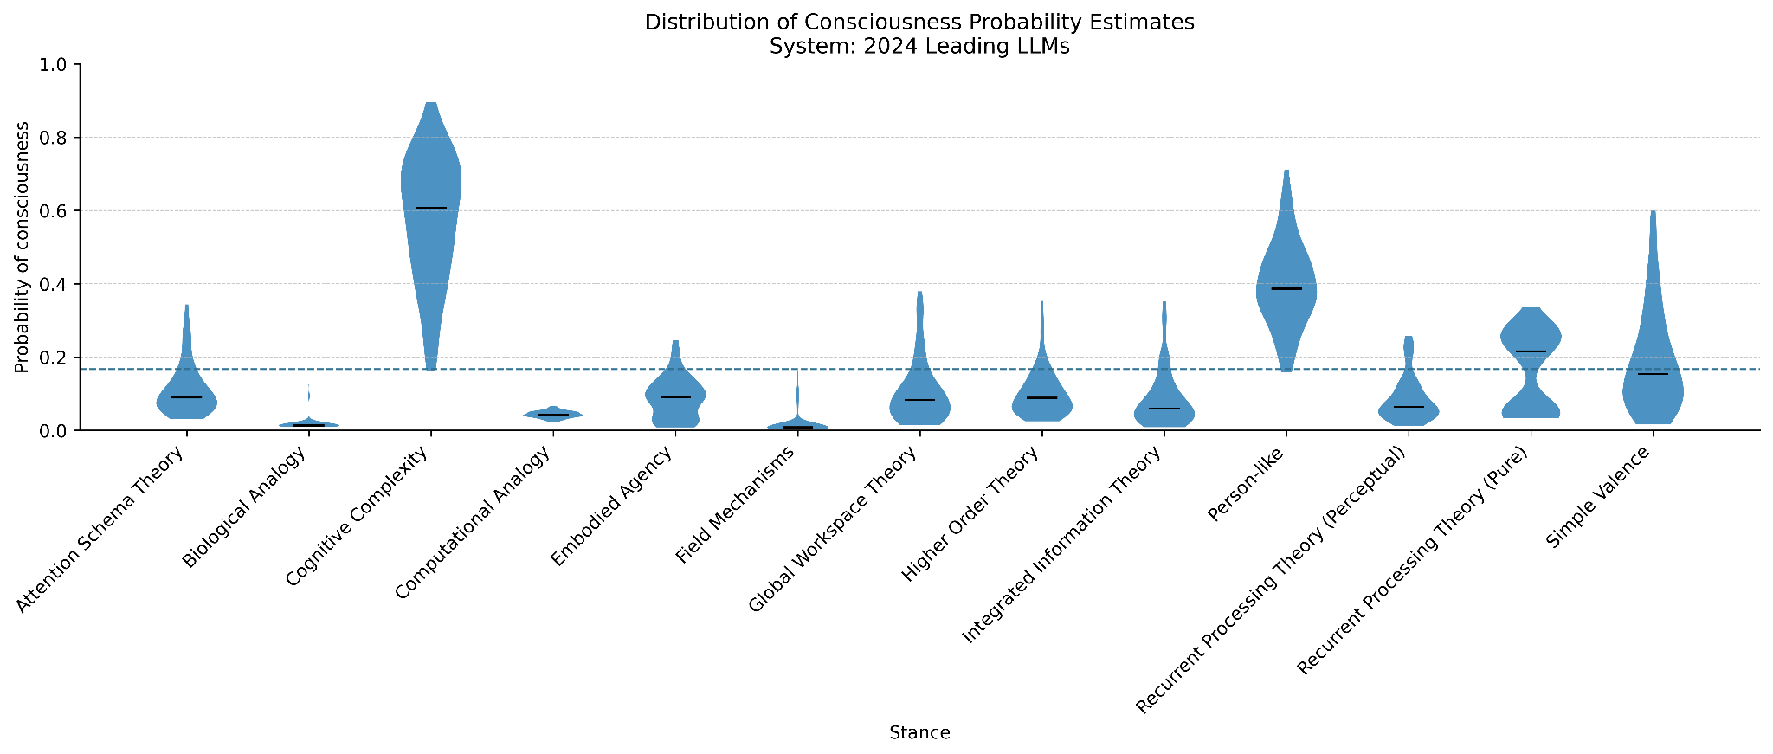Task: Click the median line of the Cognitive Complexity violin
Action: (431, 209)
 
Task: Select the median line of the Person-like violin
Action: (1286, 288)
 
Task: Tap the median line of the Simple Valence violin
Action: (1653, 374)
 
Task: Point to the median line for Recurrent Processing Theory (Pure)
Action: (1531, 351)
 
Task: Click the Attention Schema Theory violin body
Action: (187, 399)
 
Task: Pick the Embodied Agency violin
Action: (675, 395)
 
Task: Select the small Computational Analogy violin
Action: (553, 414)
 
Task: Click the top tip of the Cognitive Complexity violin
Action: (431, 104)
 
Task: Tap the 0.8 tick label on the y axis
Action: (58, 138)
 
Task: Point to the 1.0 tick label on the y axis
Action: (58, 65)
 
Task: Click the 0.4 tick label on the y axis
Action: (58, 284)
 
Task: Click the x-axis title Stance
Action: (919, 733)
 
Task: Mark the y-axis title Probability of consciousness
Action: (23, 248)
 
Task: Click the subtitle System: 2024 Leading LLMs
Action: (919, 47)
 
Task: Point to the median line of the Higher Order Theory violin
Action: (1041, 397)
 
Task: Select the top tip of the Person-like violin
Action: (1286, 171)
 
